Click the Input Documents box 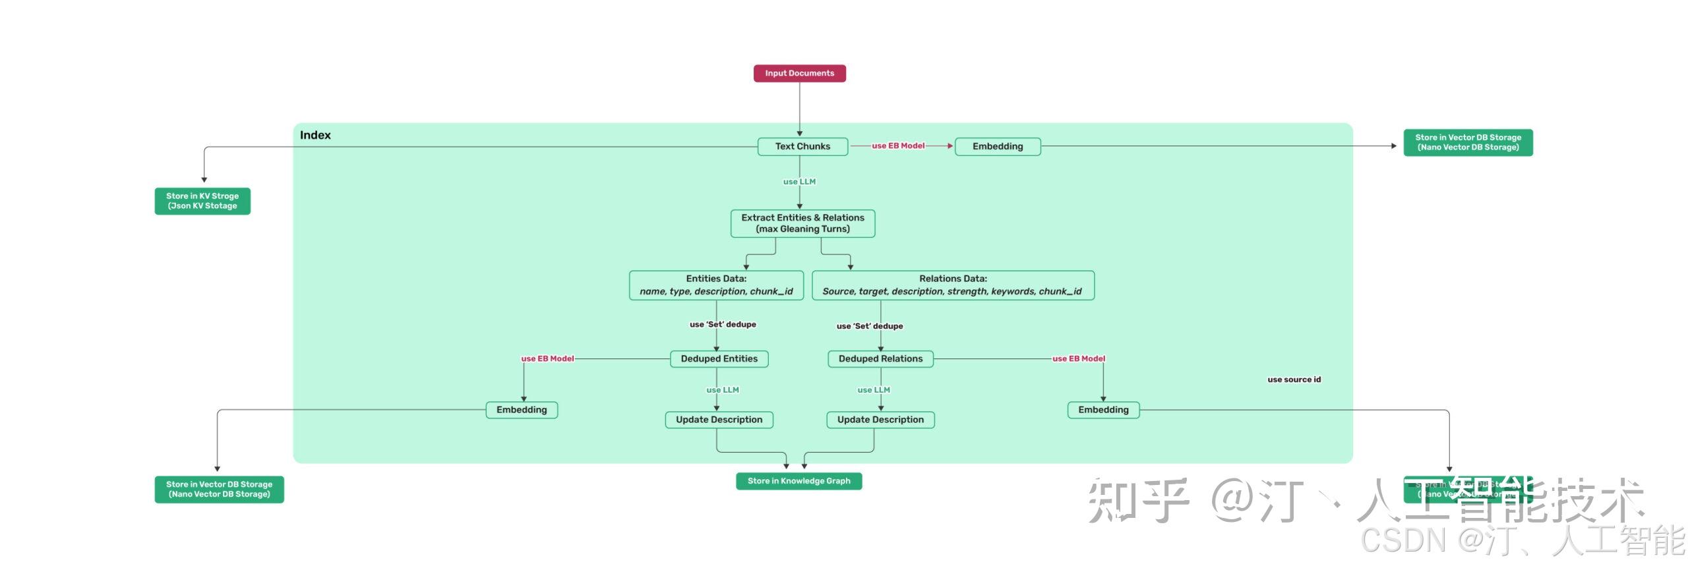pyautogui.click(x=799, y=73)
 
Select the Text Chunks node pyautogui.click(x=802, y=146)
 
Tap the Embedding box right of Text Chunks pyautogui.click(x=997, y=146)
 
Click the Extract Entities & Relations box pyautogui.click(x=802, y=223)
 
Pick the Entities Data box pyautogui.click(x=716, y=285)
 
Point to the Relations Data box pyautogui.click(x=953, y=285)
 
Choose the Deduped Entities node pyautogui.click(x=719, y=358)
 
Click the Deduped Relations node pyautogui.click(x=880, y=358)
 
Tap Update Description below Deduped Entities pyautogui.click(x=719, y=420)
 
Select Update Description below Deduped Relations pyautogui.click(x=880, y=420)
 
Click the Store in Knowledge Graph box pyautogui.click(x=799, y=481)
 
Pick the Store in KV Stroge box pyautogui.click(x=202, y=201)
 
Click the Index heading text pyautogui.click(x=315, y=135)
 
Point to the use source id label pyautogui.click(x=1294, y=380)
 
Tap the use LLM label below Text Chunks pyautogui.click(x=799, y=182)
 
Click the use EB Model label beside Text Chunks pyautogui.click(x=898, y=146)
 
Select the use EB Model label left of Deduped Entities pyautogui.click(x=547, y=358)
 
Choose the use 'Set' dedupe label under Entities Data pyautogui.click(x=723, y=324)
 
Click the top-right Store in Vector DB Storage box pyautogui.click(x=1468, y=142)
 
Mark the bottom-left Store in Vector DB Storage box pyautogui.click(x=219, y=490)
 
